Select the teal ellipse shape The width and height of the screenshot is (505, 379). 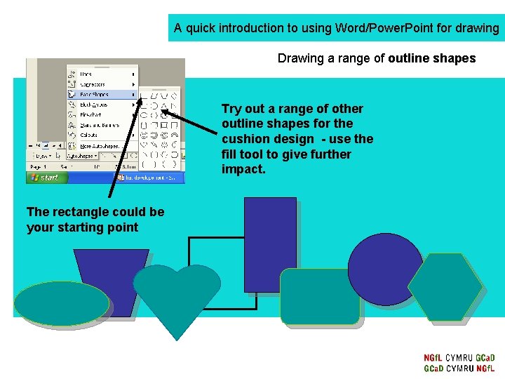[x=62, y=303]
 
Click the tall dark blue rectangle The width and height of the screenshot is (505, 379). [x=270, y=242]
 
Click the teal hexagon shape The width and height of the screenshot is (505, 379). [x=445, y=287]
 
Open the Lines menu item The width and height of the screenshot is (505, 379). [x=87, y=74]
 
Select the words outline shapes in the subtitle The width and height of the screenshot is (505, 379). [x=431, y=58]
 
